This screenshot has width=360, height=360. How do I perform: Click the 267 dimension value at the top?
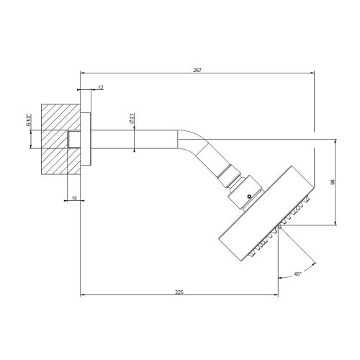click(x=197, y=70)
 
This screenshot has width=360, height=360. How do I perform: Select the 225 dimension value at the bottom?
click(x=179, y=292)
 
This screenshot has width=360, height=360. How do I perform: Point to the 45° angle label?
click(x=298, y=274)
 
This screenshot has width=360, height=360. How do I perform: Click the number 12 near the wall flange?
click(x=100, y=86)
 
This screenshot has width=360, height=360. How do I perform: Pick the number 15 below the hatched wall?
click(x=74, y=198)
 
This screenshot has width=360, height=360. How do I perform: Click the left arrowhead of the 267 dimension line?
click(x=82, y=73)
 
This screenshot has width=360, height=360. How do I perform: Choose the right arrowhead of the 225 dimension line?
click(x=277, y=295)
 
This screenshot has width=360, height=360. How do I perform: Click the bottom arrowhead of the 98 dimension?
click(x=335, y=224)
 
